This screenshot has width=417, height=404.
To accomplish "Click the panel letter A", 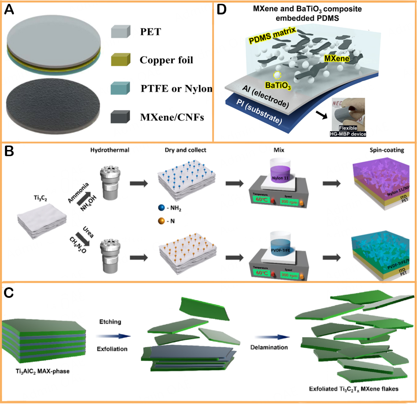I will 9,10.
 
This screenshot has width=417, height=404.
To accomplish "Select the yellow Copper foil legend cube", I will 121,59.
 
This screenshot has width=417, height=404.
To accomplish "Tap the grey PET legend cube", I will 121,31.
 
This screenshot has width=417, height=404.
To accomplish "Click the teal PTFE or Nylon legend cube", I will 120,88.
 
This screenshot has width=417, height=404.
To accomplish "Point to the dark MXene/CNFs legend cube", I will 120,117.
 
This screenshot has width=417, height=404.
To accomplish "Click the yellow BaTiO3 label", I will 278,86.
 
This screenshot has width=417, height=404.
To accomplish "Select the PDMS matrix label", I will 272,35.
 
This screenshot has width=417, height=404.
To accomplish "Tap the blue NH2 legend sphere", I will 161,208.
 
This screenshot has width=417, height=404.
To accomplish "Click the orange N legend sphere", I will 161,221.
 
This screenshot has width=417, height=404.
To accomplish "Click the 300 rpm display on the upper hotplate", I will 289,202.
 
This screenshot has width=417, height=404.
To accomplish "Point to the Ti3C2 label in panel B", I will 40,198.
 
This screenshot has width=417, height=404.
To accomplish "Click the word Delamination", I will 269,347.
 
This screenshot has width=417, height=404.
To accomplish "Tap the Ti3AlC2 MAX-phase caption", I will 43,371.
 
